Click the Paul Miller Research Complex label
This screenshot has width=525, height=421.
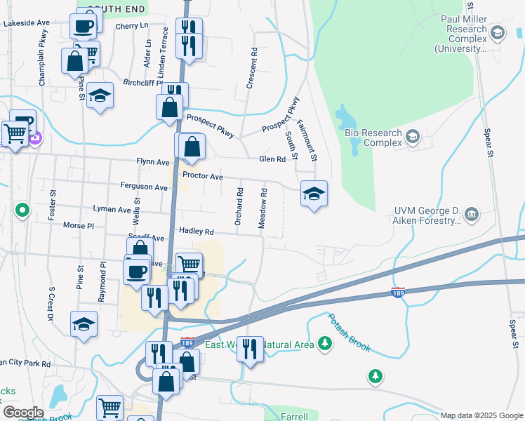460,34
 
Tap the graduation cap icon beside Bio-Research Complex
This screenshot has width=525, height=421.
412,137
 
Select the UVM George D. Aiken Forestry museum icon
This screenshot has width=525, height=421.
471,213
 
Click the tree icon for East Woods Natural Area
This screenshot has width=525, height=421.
324,343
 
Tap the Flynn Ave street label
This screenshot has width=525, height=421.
153,162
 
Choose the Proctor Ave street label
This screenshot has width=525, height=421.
202,176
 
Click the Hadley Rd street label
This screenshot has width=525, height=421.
196,231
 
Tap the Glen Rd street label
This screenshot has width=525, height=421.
272,159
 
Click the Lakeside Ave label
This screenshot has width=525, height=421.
27,23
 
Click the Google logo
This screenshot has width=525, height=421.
23,413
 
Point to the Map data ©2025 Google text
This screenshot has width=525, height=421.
481,415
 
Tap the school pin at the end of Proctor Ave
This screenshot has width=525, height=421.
314,194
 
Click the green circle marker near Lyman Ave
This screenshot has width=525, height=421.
22,209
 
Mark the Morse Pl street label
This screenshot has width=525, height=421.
79,226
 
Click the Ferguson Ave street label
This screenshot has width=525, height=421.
144,187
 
